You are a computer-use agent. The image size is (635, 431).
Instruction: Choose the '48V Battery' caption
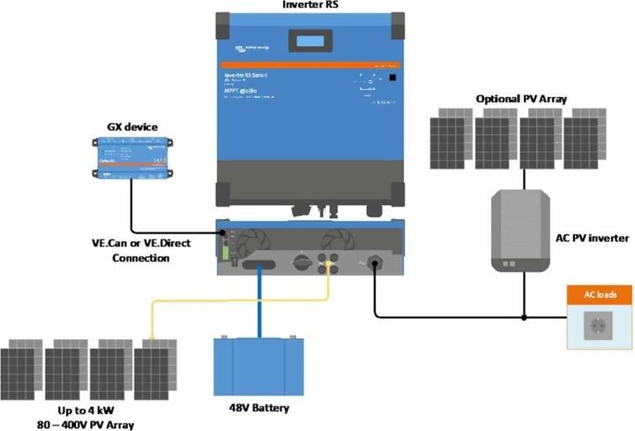click(258, 409)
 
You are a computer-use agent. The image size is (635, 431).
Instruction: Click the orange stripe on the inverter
click(310, 66)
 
